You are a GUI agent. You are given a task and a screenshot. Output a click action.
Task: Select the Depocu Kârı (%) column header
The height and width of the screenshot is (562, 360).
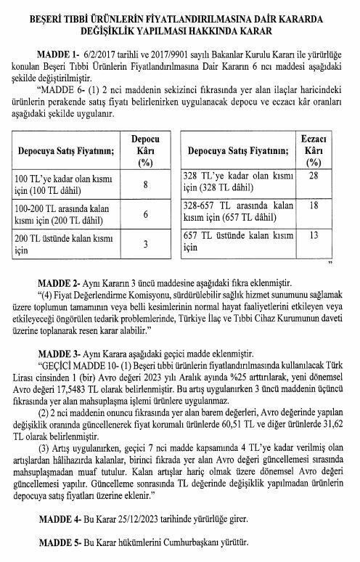point(145,150)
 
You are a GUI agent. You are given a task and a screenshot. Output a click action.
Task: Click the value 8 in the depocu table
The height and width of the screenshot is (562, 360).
point(145,184)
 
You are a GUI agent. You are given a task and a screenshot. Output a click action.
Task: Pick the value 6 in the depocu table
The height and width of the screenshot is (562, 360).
point(145,215)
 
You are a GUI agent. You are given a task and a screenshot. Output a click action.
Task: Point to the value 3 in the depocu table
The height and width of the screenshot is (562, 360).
point(145,245)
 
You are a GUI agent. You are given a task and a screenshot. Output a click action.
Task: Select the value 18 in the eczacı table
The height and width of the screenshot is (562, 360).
point(314,205)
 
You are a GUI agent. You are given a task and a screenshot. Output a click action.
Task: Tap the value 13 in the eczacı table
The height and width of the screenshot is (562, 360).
point(314,235)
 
